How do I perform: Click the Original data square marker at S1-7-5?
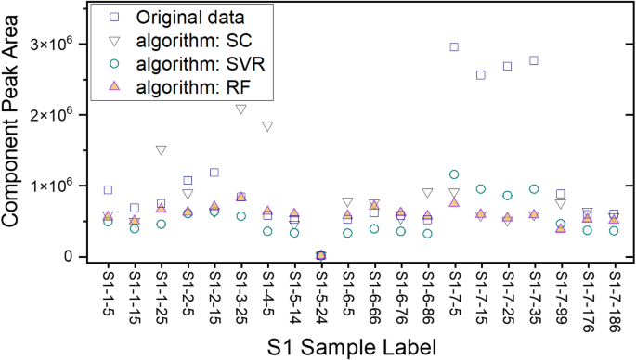[x=454, y=46]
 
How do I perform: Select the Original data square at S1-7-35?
[x=534, y=60]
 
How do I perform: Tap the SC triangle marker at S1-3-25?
[x=240, y=109]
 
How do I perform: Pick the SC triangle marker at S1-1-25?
[x=161, y=150]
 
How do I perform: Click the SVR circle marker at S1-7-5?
[x=454, y=174]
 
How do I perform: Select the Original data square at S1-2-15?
[x=214, y=173]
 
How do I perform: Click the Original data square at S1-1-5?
[x=108, y=190]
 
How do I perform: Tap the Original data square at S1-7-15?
[x=481, y=75]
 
